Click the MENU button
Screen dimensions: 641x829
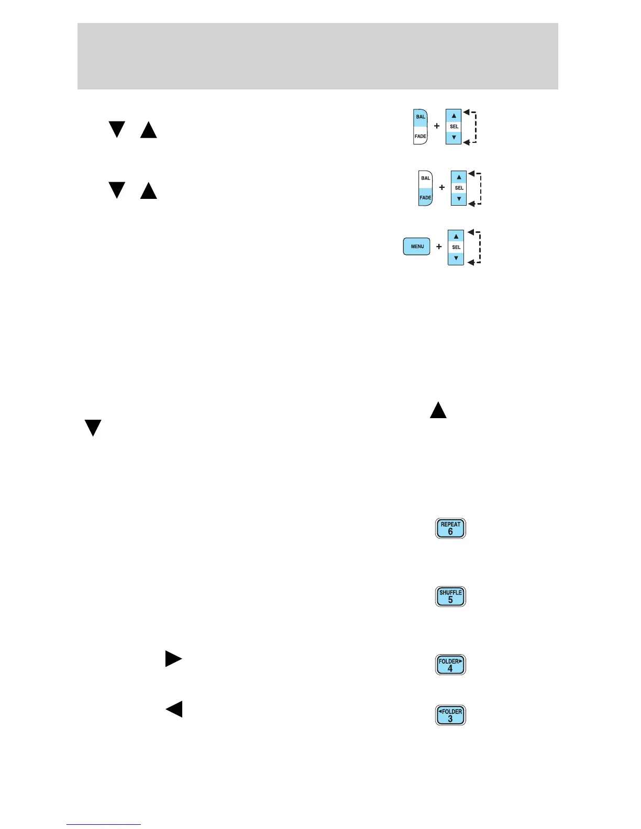point(417,247)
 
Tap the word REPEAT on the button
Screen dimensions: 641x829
point(450,524)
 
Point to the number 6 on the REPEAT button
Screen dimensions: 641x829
point(450,532)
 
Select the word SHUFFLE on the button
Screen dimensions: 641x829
point(450,592)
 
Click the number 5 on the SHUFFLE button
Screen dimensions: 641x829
point(450,600)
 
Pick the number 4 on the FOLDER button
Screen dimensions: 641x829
point(450,669)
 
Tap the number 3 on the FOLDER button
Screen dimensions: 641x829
point(450,719)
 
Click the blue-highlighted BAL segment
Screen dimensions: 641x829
point(421,117)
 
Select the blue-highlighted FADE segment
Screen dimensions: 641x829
point(425,197)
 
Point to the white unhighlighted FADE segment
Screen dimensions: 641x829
point(421,136)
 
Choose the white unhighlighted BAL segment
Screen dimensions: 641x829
point(426,178)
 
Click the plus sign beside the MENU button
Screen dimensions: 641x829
point(439,247)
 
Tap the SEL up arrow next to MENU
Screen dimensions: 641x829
point(456,237)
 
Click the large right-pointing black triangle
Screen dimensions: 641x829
point(173,658)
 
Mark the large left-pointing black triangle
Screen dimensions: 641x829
point(174,709)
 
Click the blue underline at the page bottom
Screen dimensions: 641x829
point(104,824)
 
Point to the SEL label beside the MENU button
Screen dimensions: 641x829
point(456,247)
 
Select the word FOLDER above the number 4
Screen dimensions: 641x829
point(449,661)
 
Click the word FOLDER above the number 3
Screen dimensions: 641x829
point(452,711)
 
